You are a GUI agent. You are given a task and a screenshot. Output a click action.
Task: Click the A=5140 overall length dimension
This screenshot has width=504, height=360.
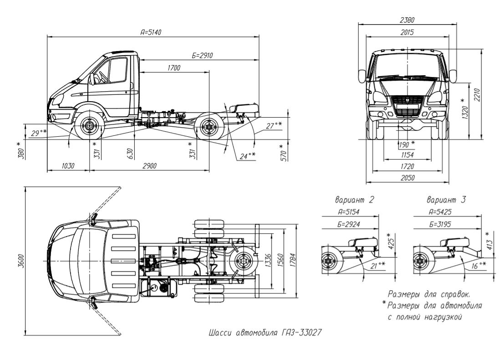(x=151, y=32)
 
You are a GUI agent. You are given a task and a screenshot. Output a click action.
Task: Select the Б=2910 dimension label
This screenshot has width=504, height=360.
(x=202, y=55)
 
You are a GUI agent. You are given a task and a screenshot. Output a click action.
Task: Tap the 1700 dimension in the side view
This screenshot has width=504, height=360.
(x=173, y=68)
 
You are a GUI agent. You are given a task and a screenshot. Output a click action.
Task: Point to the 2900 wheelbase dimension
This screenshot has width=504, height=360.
(x=149, y=166)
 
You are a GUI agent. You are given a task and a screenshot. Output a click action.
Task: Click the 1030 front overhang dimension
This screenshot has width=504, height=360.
(x=67, y=166)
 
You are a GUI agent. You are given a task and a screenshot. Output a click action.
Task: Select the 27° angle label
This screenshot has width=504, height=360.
(x=274, y=125)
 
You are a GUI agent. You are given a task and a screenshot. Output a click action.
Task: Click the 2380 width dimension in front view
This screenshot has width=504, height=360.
(x=407, y=20)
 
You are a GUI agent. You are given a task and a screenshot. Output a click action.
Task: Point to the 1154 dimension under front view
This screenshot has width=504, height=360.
(x=407, y=155)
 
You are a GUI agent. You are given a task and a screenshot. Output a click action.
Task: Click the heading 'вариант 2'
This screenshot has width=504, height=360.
(x=354, y=200)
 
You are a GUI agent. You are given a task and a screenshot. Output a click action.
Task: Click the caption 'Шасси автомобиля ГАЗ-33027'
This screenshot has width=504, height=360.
(x=265, y=332)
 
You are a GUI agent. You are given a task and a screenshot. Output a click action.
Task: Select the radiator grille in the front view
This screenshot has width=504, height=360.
(x=407, y=106)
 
